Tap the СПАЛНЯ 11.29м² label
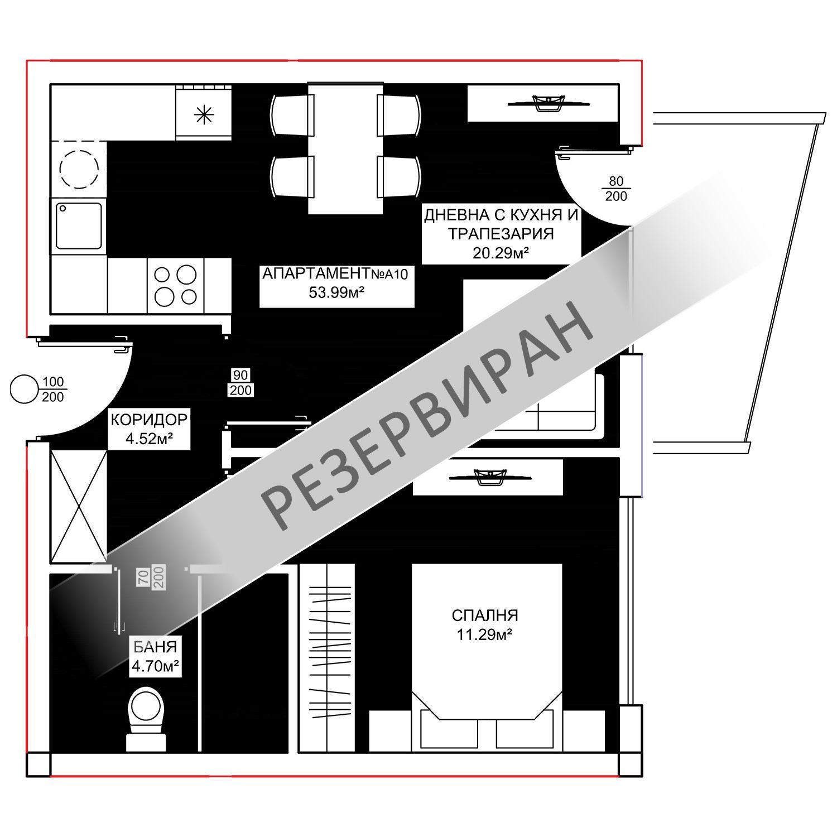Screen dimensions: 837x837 [x=484, y=625]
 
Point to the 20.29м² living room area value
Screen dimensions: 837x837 [x=501, y=253]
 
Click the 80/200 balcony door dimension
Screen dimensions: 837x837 [x=615, y=189]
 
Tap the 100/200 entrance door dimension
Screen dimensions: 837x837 [x=53, y=389]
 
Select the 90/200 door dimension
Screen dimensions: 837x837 [x=240, y=382]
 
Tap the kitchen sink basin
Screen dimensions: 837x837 [x=79, y=226]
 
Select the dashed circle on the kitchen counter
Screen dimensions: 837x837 [x=79, y=168]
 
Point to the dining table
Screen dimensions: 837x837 [x=345, y=148]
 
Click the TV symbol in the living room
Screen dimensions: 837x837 [x=548, y=103]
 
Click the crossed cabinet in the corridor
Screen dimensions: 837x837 [x=79, y=506]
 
